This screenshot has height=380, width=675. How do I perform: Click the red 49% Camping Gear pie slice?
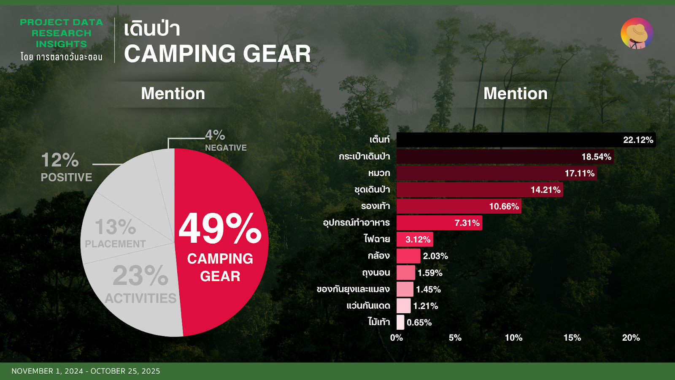click(x=221, y=241)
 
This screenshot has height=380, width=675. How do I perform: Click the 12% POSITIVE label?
click(x=66, y=167)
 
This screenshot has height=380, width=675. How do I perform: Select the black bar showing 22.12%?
click(x=526, y=140)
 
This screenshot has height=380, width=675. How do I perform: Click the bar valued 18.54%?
click(x=505, y=157)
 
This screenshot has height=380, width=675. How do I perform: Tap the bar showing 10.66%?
click(x=459, y=206)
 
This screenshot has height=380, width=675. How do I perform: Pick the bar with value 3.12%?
click(x=415, y=239)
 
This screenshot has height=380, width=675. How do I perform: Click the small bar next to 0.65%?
click(x=400, y=323)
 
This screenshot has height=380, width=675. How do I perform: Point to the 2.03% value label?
click(x=435, y=256)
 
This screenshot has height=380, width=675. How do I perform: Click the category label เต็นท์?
click(x=380, y=139)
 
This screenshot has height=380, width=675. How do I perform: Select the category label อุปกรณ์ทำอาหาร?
click(x=356, y=223)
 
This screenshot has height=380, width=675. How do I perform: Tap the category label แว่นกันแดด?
click(x=368, y=306)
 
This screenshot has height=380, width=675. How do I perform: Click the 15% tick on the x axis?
click(x=572, y=338)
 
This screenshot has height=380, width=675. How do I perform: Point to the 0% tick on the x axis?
click(x=397, y=338)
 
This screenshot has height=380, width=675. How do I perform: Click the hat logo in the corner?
click(x=637, y=33)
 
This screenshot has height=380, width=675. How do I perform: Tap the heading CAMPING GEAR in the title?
click(x=217, y=54)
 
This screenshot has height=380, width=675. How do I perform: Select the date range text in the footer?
click(x=86, y=371)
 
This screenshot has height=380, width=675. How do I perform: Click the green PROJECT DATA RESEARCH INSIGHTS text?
click(x=62, y=33)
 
